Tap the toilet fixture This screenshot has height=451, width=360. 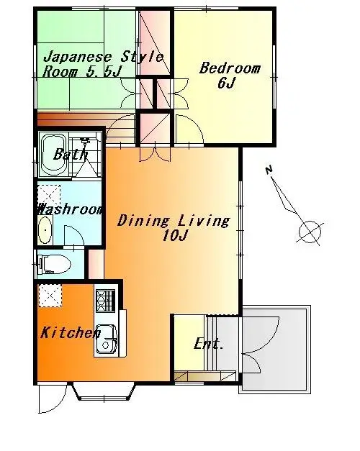55,264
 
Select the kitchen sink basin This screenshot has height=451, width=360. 106,339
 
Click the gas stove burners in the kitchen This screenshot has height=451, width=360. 105,301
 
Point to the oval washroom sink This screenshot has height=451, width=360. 45,230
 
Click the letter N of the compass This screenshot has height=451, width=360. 269,170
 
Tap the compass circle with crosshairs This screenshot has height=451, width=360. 310,232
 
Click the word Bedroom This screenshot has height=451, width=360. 230,68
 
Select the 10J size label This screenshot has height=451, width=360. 175,235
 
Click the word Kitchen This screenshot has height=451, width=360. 71,332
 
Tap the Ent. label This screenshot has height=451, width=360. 209,344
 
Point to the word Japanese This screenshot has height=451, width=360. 77,58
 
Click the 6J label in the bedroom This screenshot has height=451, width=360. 227,83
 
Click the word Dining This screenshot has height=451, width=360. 143,221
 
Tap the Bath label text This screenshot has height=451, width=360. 71,154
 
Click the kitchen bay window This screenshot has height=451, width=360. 104,391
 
